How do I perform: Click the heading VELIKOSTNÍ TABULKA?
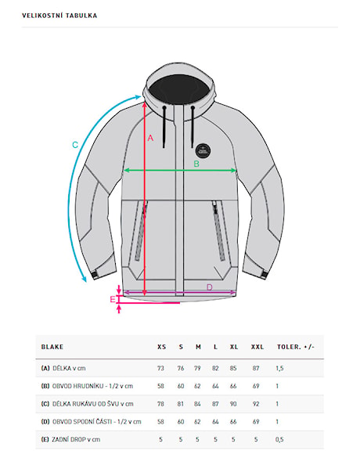click(x=59, y=16)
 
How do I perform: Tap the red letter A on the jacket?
click(x=150, y=138)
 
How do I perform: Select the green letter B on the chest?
click(x=196, y=164)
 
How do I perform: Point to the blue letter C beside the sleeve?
click(x=75, y=145)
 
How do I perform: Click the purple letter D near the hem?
click(x=209, y=287)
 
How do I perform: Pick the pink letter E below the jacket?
click(x=113, y=299)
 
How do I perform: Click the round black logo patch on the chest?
click(x=203, y=151)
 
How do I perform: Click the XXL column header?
click(x=257, y=347)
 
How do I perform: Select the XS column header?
click(x=161, y=347)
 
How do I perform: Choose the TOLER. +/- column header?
click(x=296, y=347)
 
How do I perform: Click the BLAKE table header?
click(x=52, y=347)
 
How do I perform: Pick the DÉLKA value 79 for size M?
click(x=197, y=368)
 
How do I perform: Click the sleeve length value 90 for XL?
click(x=233, y=404)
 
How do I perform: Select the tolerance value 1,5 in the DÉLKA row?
click(x=279, y=368)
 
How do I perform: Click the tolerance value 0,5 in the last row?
click(x=279, y=439)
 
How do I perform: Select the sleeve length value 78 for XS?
click(x=160, y=404)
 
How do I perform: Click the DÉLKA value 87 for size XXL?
click(x=256, y=368)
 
